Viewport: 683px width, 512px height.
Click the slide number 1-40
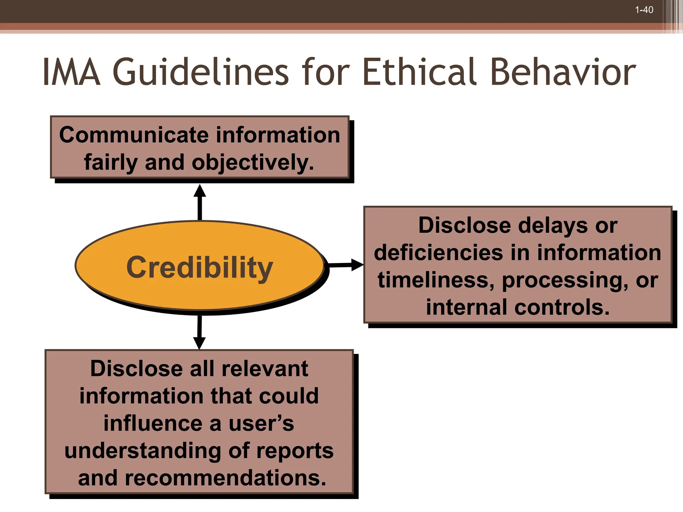[x=644, y=10]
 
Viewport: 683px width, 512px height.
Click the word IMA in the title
[x=71, y=72]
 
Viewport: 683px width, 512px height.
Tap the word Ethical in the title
[x=421, y=72]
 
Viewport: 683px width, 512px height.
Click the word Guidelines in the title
[x=200, y=72]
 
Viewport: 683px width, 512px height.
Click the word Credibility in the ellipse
[x=199, y=267]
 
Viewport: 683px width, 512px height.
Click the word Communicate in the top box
[x=133, y=135]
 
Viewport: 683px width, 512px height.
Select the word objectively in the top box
[x=253, y=163]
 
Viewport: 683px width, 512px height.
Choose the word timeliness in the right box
[x=436, y=280]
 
